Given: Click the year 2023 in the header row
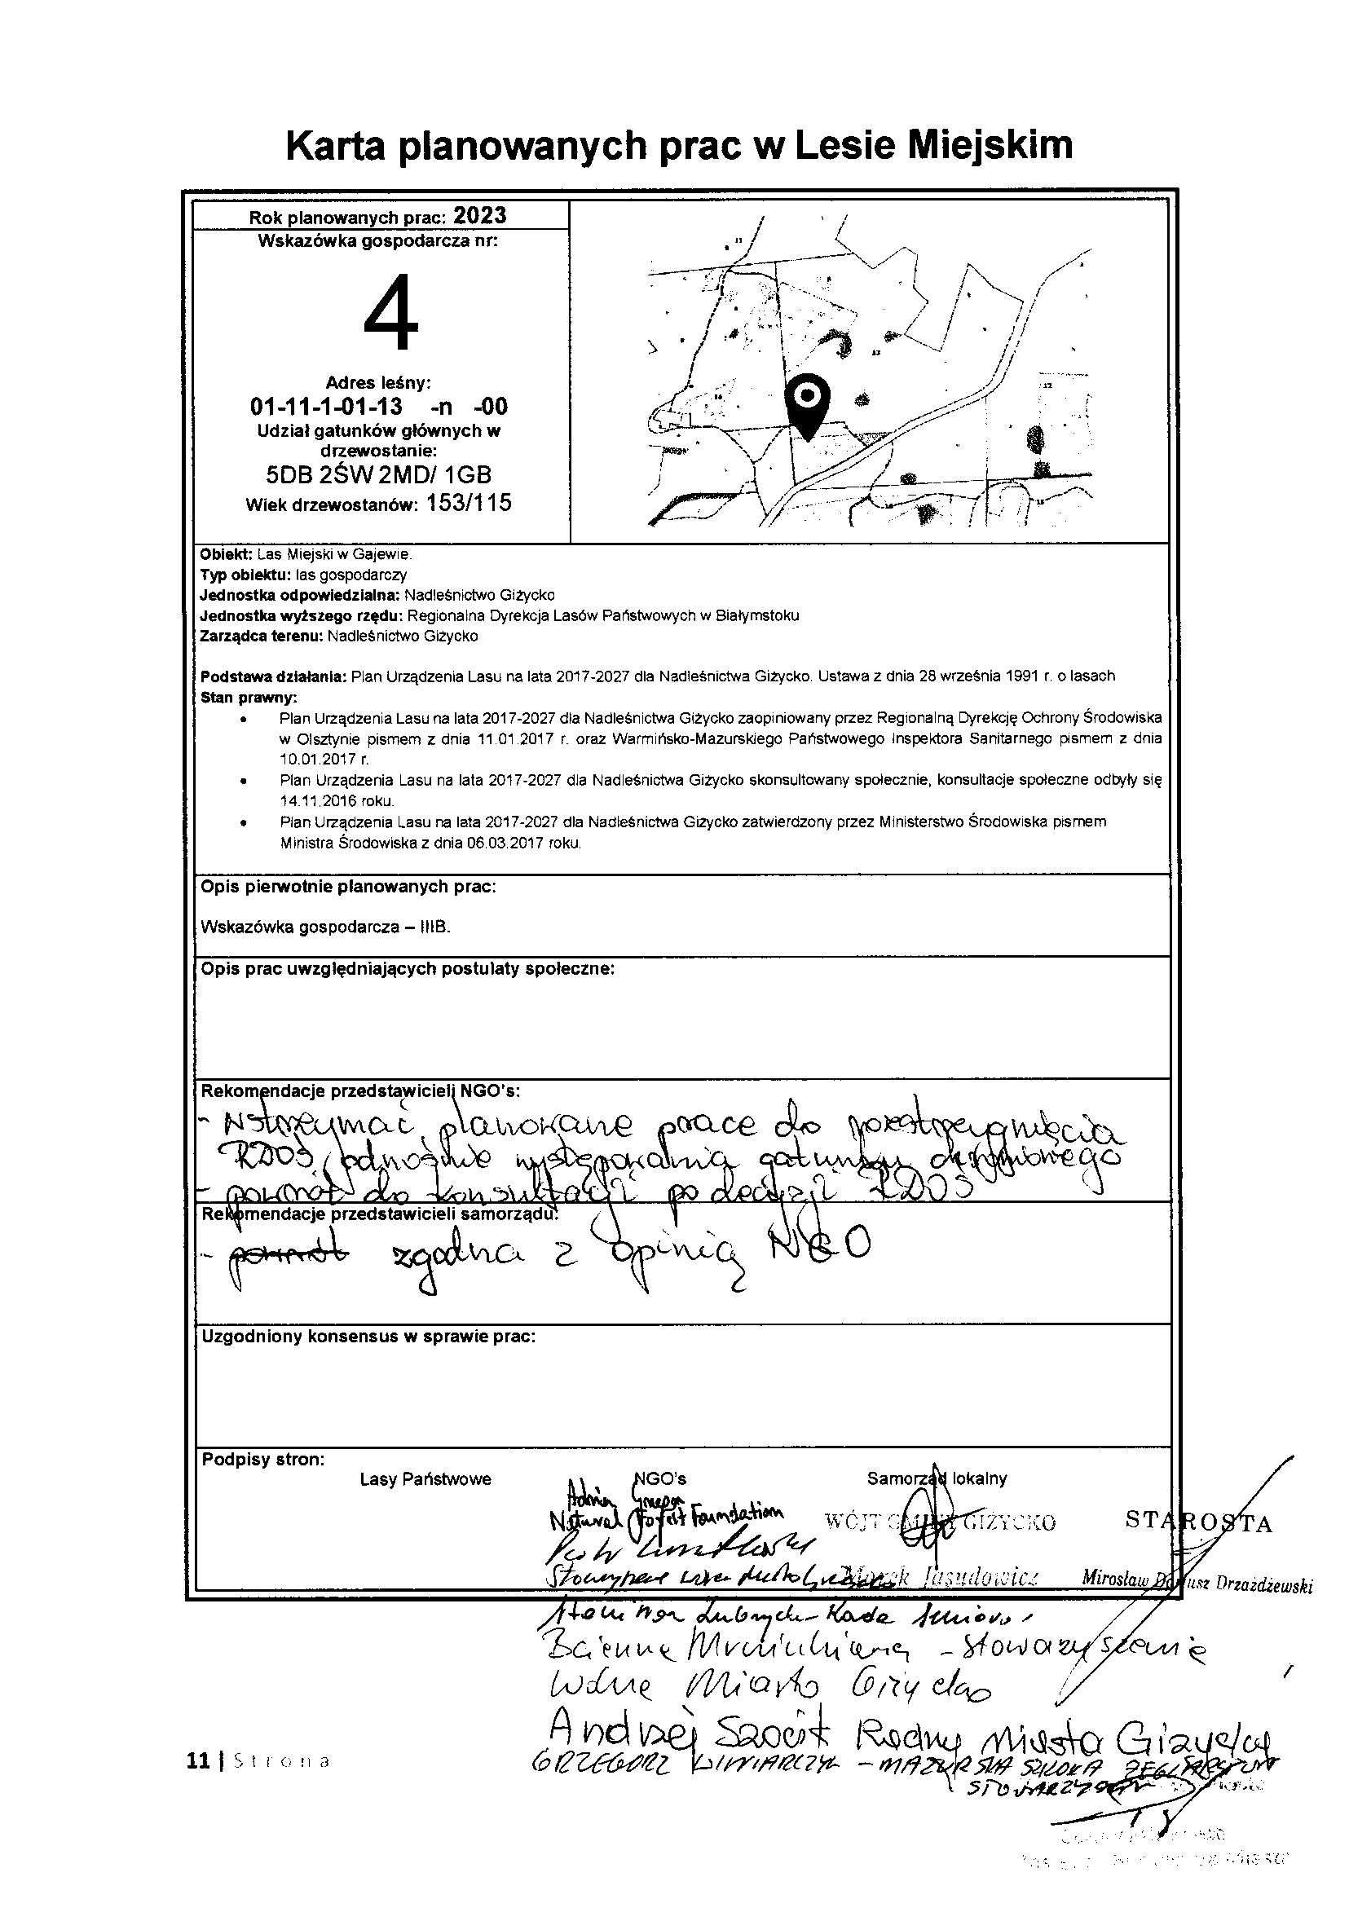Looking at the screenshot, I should [x=479, y=216].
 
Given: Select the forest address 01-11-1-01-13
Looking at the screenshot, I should [x=326, y=407].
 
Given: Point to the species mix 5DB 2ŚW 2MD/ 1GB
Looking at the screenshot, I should [x=378, y=474].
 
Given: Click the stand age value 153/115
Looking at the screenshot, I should [x=469, y=504].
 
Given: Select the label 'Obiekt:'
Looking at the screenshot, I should [x=221, y=553].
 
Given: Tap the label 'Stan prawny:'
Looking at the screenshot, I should [x=248, y=697].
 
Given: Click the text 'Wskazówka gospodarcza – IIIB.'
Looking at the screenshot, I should [x=325, y=927].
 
